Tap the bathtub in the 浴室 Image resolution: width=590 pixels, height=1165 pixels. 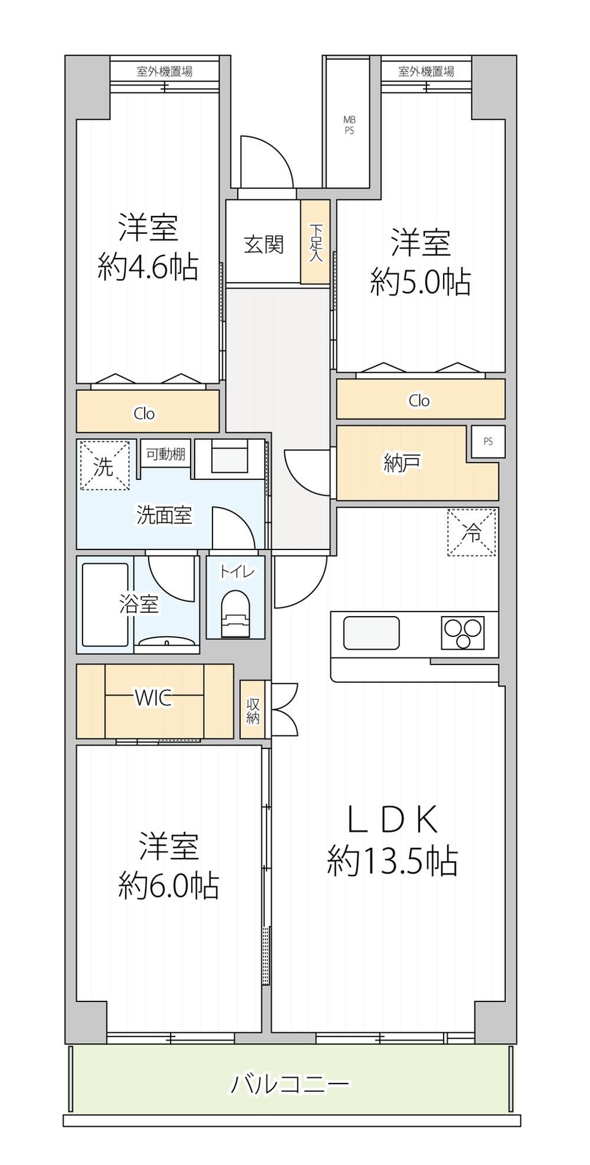105,604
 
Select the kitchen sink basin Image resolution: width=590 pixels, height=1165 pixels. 371,633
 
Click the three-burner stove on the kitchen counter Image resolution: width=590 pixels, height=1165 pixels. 462,633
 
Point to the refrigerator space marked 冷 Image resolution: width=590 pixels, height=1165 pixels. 471,532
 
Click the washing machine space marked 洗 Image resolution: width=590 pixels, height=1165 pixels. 104,466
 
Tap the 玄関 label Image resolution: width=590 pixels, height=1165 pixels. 264,244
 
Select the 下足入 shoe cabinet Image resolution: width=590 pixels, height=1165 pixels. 316,242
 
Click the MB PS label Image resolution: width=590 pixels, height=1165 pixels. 349,126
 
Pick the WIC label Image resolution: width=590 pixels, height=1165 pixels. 154,698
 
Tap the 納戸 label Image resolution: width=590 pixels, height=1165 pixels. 402,464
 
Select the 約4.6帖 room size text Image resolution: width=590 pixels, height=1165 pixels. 148,269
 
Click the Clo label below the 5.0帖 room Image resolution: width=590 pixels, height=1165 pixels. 419,401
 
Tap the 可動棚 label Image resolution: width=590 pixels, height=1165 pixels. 166,454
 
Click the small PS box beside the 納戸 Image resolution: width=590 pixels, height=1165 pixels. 488,441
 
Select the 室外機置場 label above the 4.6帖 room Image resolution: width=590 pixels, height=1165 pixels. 165,71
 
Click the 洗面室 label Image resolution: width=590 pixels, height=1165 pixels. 164,515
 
